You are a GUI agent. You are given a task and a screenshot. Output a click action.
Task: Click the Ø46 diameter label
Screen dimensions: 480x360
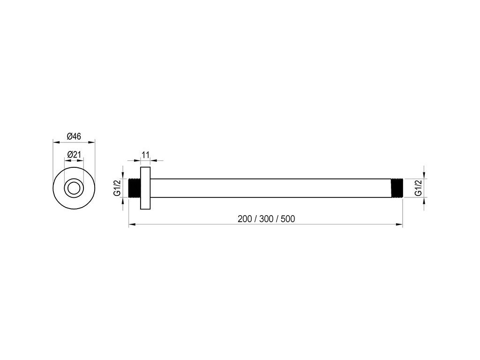[x=74, y=136]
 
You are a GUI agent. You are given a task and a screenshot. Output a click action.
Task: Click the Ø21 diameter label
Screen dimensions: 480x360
[x=74, y=155]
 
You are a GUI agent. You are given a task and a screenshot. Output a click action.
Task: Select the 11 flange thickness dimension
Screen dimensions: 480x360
[x=145, y=155]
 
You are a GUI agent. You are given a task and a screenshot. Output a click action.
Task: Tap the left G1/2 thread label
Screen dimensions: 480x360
[x=117, y=187]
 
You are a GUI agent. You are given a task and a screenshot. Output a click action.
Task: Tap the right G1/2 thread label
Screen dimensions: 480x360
[x=418, y=187]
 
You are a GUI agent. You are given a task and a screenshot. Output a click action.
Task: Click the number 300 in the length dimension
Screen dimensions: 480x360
[x=266, y=219]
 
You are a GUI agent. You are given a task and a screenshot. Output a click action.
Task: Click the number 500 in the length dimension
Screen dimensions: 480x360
[x=288, y=219]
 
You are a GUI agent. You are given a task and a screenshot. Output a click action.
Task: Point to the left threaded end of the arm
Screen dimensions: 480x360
[x=135, y=188]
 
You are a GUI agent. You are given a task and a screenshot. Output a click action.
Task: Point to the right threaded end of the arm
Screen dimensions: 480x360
[x=397, y=188]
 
